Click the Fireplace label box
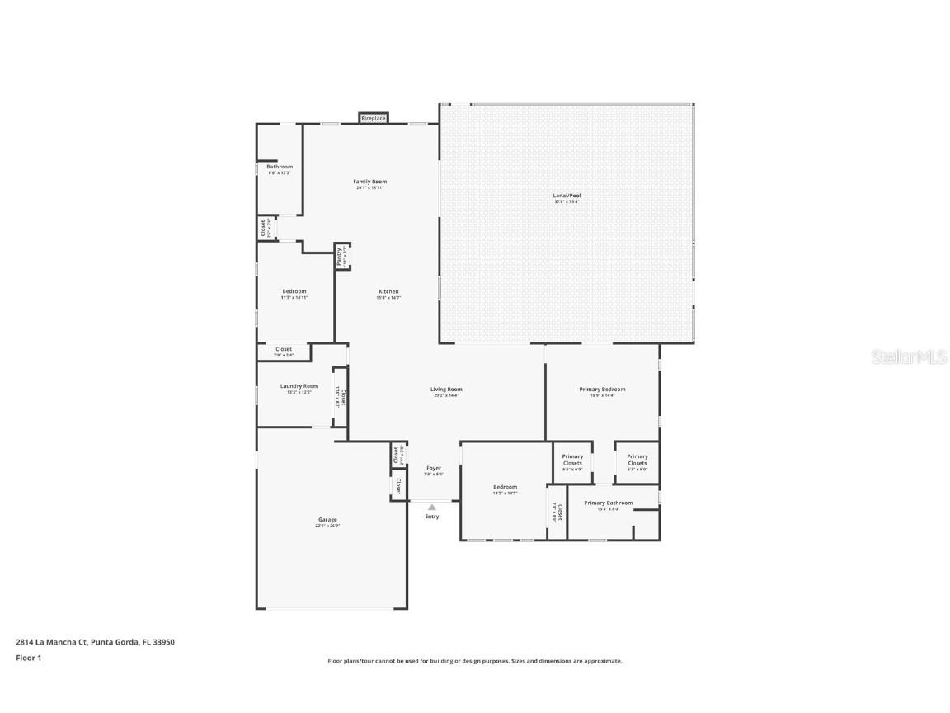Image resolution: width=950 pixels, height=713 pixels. (374, 119)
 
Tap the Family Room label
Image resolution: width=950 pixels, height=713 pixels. (369, 182)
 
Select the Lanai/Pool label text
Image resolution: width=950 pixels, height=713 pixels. (567, 196)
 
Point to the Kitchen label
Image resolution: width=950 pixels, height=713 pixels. (388, 291)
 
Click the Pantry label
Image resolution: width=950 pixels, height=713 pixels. (339, 257)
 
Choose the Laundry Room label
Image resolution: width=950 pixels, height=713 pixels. (299, 386)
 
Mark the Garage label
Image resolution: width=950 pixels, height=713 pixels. (327, 520)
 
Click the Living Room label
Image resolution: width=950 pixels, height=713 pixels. (446, 390)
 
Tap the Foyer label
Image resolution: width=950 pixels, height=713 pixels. (434, 469)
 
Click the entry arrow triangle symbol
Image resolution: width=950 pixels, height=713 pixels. (431, 508)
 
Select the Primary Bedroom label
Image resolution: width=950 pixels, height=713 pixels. (602, 390)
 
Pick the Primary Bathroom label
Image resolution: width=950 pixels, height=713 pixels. (608, 503)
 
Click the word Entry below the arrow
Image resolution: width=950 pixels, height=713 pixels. (432, 517)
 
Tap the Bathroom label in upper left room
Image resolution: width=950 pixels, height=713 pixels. (279, 167)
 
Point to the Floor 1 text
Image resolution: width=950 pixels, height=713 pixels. (28, 658)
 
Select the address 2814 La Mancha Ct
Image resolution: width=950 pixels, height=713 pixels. (95, 641)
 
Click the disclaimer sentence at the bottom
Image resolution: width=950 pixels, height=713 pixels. (475, 661)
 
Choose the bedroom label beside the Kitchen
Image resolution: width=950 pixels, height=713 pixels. (294, 291)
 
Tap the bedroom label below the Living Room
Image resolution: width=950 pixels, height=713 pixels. (505, 487)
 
